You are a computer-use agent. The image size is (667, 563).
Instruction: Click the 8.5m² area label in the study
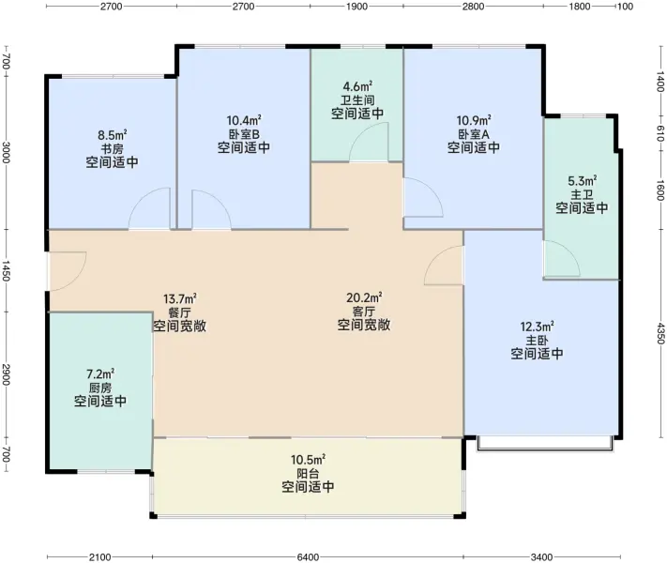(x=113, y=135)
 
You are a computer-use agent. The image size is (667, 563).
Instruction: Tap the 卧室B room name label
(x=244, y=134)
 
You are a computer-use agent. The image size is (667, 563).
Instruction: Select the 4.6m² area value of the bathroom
(x=357, y=86)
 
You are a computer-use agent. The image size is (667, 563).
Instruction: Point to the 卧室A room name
(x=474, y=134)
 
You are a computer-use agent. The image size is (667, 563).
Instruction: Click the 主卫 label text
(x=582, y=195)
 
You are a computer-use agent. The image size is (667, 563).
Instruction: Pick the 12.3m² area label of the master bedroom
(x=537, y=327)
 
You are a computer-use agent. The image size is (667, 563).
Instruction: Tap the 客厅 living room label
(x=364, y=312)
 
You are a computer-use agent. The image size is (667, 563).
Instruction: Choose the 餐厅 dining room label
(x=179, y=312)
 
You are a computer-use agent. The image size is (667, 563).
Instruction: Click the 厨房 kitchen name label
(x=100, y=388)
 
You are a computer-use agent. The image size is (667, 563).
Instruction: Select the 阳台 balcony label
(x=308, y=473)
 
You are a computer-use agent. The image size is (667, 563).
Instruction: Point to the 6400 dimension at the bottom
(x=308, y=557)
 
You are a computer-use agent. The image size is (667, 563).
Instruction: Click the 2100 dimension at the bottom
(x=100, y=557)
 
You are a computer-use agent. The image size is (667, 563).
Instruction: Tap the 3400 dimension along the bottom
(x=541, y=557)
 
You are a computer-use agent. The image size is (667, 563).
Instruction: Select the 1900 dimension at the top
(x=356, y=7)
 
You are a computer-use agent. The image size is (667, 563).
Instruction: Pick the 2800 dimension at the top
(x=473, y=7)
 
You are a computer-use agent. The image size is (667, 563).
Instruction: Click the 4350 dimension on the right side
(x=660, y=333)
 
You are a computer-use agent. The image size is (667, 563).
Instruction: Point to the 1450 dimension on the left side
(x=6, y=270)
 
